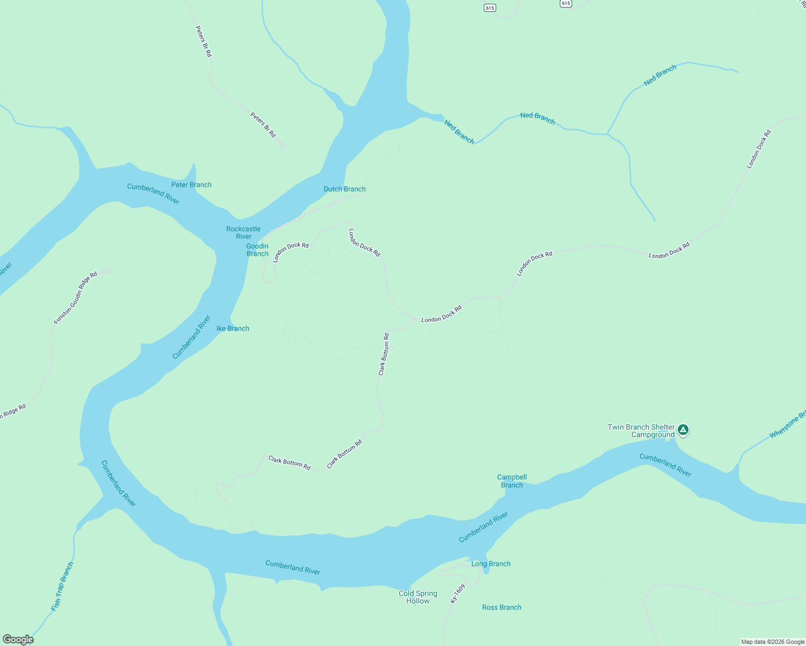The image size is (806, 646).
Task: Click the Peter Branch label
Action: pyautogui.click(x=191, y=185)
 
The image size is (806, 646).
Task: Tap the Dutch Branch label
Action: pyautogui.click(x=344, y=189)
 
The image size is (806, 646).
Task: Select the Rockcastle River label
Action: pyautogui.click(x=244, y=233)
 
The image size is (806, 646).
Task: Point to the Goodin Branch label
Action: pyautogui.click(x=258, y=250)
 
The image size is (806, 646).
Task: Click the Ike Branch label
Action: pyautogui.click(x=233, y=328)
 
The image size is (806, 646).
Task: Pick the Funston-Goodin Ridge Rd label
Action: pyautogui.click(x=75, y=298)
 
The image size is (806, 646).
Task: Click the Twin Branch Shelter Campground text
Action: pyautogui.click(x=641, y=431)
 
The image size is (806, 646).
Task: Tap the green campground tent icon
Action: pyautogui.click(x=683, y=430)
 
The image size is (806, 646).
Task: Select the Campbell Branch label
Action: pyautogui.click(x=512, y=481)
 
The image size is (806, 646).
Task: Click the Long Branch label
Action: pyautogui.click(x=491, y=564)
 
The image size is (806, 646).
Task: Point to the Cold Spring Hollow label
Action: pyautogui.click(x=418, y=597)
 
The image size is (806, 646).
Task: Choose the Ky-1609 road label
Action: pyautogui.click(x=457, y=593)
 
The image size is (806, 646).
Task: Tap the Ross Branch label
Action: pyautogui.click(x=502, y=607)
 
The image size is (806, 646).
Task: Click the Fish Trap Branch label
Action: pyautogui.click(x=62, y=587)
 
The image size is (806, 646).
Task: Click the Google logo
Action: pyautogui.click(x=18, y=640)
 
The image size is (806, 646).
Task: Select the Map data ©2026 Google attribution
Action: pyautogui.click(x=773, y=642)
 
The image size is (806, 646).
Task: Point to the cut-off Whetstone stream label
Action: pyautogui.click(x=788, y=424)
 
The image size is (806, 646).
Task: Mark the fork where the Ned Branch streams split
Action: pyautogui.click(x=607, y=134)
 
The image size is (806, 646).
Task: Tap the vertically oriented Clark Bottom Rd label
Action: pyautogui.click(x=384, y=354)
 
